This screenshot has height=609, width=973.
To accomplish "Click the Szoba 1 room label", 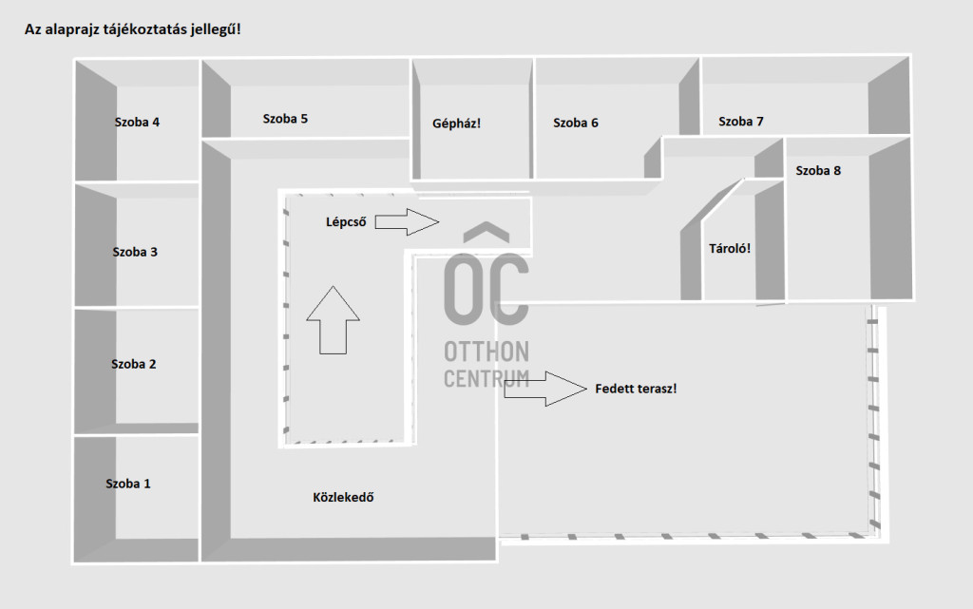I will point(128,484).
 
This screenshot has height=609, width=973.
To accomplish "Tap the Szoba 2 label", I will point(134,364).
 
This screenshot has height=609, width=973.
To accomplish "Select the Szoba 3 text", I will point(135,252).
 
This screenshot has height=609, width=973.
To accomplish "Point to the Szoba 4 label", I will point(137,122).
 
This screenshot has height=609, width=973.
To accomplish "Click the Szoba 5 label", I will point(285,119).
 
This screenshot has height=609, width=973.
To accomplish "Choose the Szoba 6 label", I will point(576,123).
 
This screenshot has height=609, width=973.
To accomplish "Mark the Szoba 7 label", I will point(741,121).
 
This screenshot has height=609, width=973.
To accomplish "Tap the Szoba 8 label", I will point(818,171).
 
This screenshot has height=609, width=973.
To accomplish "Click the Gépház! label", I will point(456,123).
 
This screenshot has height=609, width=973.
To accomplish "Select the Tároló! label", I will point(731,249).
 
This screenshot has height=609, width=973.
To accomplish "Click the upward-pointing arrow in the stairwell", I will point(333,319).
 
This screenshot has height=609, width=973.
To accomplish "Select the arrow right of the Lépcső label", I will point(408,222).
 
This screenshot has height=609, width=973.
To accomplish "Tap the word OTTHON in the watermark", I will point(486,352).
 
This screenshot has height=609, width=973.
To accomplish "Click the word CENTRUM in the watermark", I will point(486,377).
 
